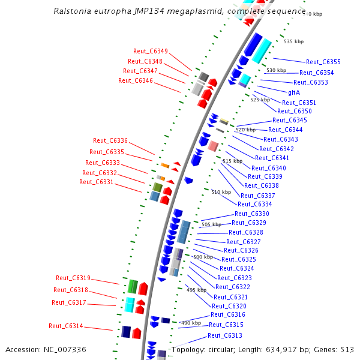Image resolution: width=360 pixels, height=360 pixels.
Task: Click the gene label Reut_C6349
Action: tap(151, 51)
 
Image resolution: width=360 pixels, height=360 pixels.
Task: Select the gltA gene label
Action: tap(294, 92)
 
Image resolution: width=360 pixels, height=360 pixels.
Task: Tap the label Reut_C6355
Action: tap(323, 62)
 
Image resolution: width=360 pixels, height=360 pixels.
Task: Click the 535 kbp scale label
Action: tap(294, 41)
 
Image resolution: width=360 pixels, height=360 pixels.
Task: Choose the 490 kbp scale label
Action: tap(191, 323)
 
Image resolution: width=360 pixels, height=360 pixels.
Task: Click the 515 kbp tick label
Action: tap(232, 161)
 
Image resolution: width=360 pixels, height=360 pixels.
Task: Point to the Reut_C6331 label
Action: tap(96, 182)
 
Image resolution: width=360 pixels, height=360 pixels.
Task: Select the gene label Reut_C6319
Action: tap(73, 278)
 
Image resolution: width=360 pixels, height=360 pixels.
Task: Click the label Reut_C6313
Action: tap(225, 335)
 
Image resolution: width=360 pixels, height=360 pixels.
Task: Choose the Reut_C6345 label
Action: tap(289, 120)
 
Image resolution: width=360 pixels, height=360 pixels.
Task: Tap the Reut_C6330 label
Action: tap(252, 214)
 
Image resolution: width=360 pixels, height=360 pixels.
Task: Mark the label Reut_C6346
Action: tap(136, 80)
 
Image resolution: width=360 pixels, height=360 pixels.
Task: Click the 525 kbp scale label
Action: tap(260, 100)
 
